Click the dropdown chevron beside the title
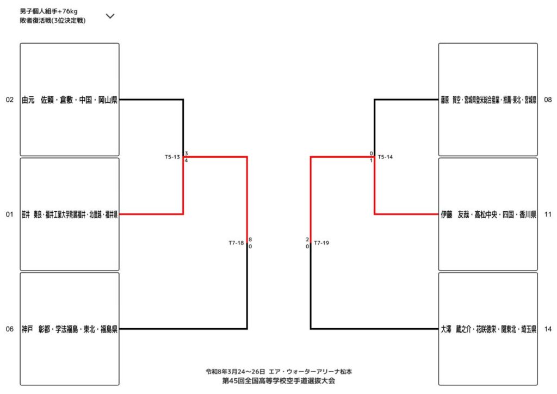click(110, 16)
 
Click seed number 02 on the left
click(9, 100)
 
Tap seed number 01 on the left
click(9, 214)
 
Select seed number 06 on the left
click(9, 329)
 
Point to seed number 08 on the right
click(548, 100)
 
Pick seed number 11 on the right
click(548, 214)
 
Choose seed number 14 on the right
click(548, 329)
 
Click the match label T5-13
click(172, 157)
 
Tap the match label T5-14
click(385, 157)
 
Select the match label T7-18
click(236, 243)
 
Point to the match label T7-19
click(321, 243)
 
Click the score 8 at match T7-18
click(250, 239)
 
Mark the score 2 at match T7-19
click(307, 239)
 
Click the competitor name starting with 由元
click(70, 100)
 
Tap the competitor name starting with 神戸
click(70, 329)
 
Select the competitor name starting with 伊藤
click(489, 214)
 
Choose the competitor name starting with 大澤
click(489, 329)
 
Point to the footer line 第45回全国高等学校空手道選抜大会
click(278, 381)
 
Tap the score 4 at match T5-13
click(186, 161)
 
